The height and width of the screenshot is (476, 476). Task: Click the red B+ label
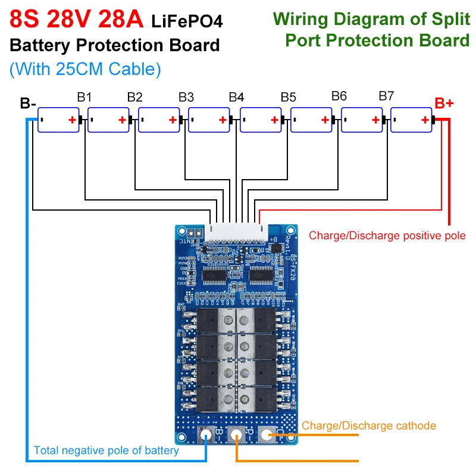click(444, 103)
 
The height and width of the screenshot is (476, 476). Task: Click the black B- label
click(28, 104)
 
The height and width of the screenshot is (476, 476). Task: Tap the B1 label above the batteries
click(84, 96)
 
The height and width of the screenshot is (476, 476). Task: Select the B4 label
click(237, 96)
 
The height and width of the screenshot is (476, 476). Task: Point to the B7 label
click(387, 96)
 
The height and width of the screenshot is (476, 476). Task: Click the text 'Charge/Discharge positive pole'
click(387, 236)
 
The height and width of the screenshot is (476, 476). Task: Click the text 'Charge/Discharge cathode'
click(369, 425)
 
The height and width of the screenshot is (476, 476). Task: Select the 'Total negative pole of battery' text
click(106, 450)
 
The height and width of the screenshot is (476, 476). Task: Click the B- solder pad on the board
click(206, 436)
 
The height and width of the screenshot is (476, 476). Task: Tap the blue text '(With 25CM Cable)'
click(85, 69)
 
